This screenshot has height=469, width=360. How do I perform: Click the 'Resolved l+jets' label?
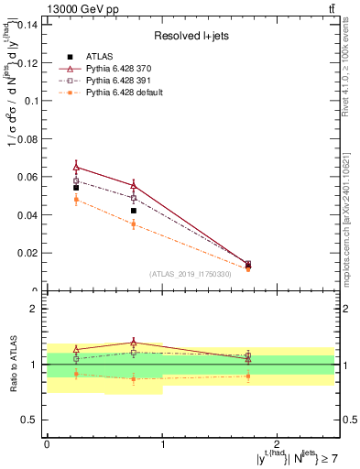(x=191, y=36)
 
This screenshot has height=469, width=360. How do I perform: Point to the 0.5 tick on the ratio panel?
(x=33, y=420)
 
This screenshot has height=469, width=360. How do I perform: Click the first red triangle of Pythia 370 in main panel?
(x=76, y=167)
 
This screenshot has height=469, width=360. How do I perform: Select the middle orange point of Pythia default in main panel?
(x=134, y=224)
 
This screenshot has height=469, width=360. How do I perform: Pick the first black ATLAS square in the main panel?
(x=76, y=188)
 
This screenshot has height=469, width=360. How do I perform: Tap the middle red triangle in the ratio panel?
(x=134, y=343)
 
